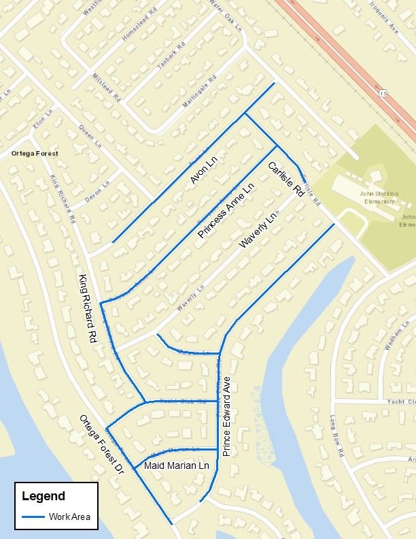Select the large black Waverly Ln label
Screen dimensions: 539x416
coord(258,230)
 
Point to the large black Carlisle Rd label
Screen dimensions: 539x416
coord(285,180)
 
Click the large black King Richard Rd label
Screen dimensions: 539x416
coord(86,308)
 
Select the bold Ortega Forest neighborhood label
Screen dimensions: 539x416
coord(35,154)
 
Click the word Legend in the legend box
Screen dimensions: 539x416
coord(44,496)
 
